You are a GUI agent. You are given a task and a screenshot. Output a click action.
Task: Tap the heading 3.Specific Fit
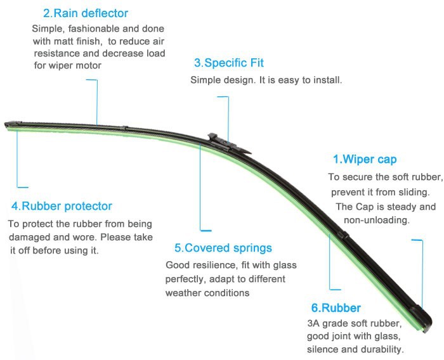pyautogui.click(x=228, y=63)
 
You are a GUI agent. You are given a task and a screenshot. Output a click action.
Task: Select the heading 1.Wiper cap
pyautogui.click(x=365, y=159)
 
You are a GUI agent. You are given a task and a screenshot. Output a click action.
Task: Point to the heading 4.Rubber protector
pyautogui.click(x=62, y=207)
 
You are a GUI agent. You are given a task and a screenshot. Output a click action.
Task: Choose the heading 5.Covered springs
pyautogui.click(x=223, y=248)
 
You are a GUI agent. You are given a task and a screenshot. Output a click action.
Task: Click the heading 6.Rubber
pyautogui.click(x=336, y=309)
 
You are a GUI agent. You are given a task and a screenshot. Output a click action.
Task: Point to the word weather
pyautogui.click(x=184, y=293)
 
